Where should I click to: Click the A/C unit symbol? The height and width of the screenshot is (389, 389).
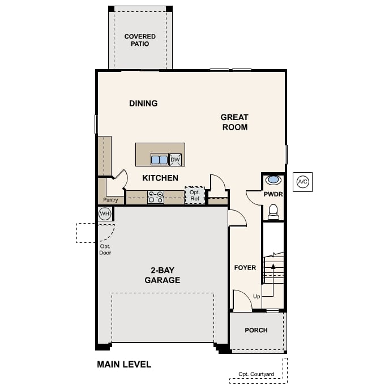tap(302, 182)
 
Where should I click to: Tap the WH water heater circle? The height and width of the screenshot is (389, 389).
tap(105, 213)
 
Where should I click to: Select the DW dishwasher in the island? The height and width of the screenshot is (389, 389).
tap(176, 160)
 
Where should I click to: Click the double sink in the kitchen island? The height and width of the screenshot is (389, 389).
tap(159, 160)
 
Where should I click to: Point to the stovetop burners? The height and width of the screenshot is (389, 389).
tap(156, 197)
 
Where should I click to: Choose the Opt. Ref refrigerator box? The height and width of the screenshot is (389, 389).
tap(195, 195)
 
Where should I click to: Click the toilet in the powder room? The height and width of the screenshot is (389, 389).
tap(273, 212)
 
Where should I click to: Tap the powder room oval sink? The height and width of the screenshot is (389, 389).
tap(273, 180)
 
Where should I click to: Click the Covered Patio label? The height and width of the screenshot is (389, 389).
tap(140, 40)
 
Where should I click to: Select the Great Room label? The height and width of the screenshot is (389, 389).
tap(234, 122)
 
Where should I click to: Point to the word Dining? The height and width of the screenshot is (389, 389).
tap(143, 104)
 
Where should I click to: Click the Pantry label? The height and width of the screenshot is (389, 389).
tap(110, 200)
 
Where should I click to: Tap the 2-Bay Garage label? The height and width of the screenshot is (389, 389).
tap(163, 275)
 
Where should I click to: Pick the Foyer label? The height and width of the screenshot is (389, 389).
tap(245, 268)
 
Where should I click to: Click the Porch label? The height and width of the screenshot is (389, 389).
tap(256, 330)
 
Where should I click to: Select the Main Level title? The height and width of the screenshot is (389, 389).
tap(124, 365)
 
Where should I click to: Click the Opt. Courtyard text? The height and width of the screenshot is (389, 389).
tap(256, 374)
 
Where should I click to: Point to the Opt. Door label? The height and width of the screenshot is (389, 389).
tap(105, 250)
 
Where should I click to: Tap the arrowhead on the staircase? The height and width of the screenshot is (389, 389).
tap(273, 267)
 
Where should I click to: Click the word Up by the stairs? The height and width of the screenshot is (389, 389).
tap(257, 297)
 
